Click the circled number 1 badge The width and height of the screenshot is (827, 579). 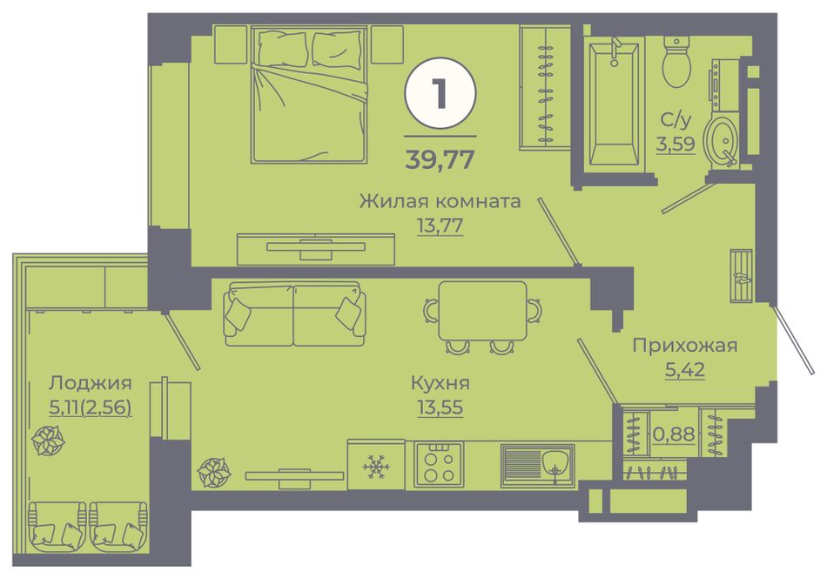(x=440, y=93)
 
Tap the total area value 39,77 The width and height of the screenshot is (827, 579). (x=440, y=159)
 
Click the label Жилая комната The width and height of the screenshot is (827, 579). (x=440, y=201)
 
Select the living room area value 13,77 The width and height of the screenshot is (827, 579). (x=440, y=226)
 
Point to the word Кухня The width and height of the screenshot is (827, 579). (x=440, y=383)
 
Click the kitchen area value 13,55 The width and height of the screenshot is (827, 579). (x=440, y=407)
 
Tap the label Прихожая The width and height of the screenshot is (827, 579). (x=684, y=346)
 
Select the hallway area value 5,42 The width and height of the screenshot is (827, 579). (x=684, y=370)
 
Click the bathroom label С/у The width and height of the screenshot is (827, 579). (x=676, y=120)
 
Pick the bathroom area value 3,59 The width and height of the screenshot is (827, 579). (x=676, y=143)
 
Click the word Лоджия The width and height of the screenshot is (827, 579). (x=90, y=383)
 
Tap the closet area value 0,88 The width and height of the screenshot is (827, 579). (x=674, y=434)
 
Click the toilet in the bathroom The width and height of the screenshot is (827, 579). (x=676, y=61)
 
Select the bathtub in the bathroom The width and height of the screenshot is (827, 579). (x=614, y=104)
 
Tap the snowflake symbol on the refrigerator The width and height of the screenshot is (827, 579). (x=376, y=466)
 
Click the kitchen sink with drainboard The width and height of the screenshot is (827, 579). (x=537, y=466)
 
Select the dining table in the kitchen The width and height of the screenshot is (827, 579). (x=482, y=311)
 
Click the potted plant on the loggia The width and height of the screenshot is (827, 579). (x=48, y=441)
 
